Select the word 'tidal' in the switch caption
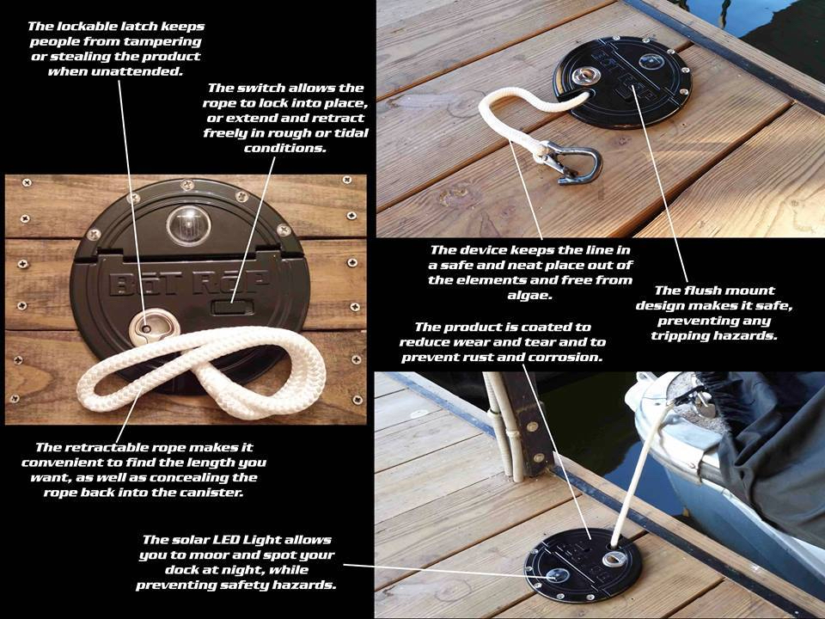(349, 133)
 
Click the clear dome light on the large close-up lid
(188, 224)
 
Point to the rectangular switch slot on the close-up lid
(232, 308)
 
